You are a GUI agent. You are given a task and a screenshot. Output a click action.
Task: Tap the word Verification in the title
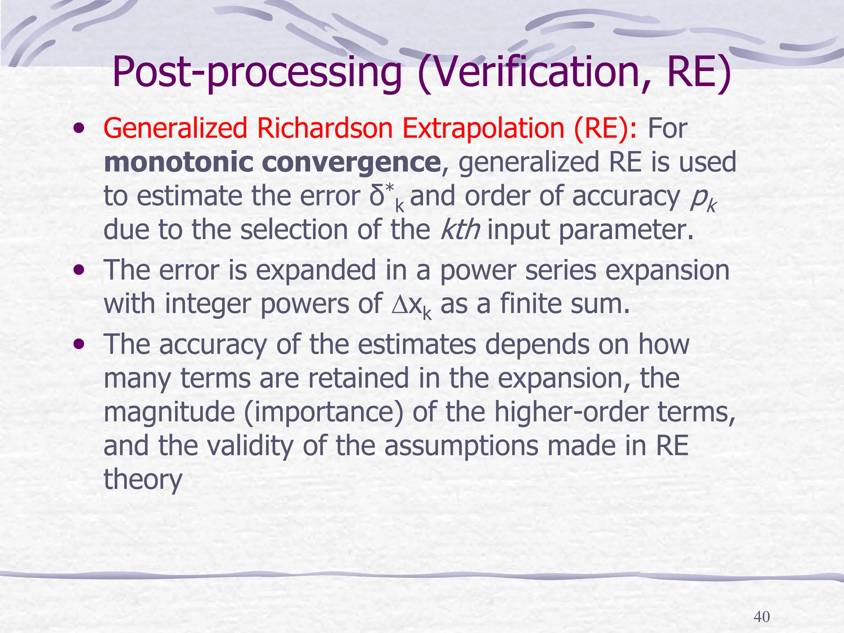(536, 73)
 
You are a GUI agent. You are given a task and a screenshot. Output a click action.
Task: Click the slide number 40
(761, 617)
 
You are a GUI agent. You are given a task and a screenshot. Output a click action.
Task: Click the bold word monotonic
(178, 162)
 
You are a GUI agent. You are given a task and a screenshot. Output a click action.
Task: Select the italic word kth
(460, 230)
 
